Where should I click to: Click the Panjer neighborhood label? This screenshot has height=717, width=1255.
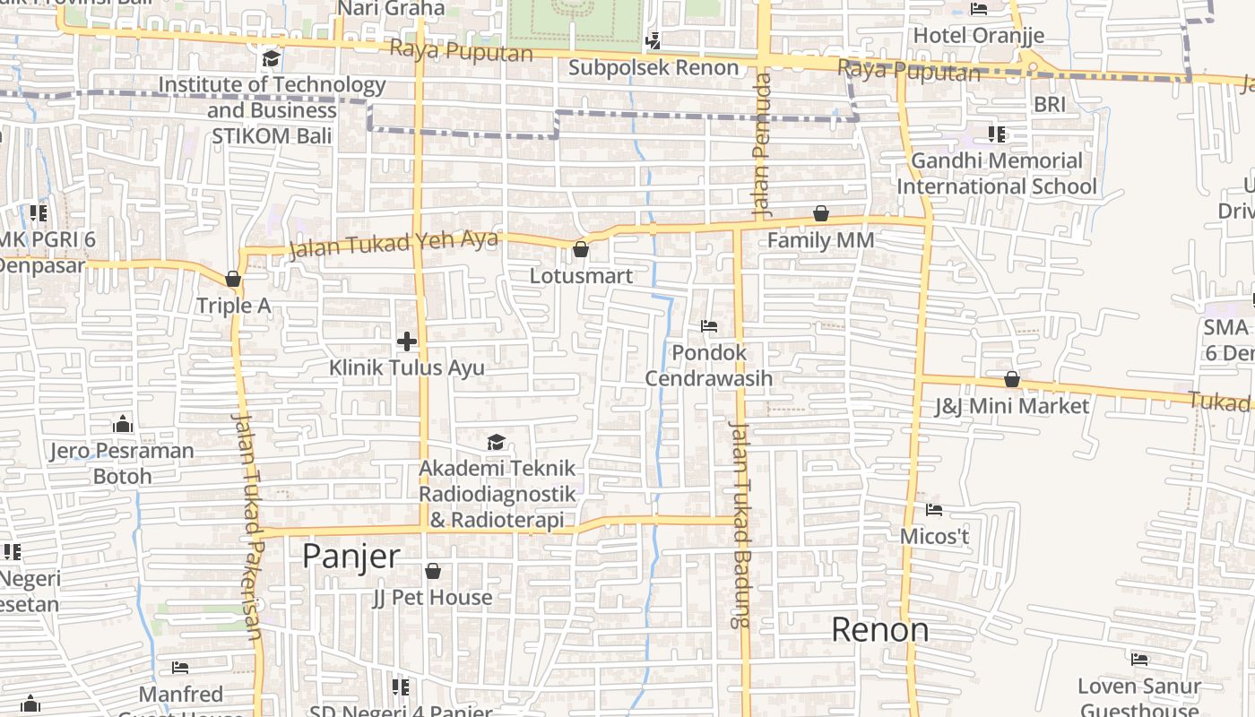click(x=351, y=557)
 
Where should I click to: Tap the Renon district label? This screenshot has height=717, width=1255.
click(x=879, y=629)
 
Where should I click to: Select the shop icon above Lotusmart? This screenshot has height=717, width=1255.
click(x=581, y=249)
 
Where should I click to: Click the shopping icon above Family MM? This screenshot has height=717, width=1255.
click(x=820, y=213)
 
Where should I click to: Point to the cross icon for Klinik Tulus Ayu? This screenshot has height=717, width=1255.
click(x=407, y=341)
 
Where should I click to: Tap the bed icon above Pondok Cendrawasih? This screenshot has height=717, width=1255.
click(x=709, y=326)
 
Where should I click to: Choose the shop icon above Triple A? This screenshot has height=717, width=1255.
click(x=233, y=280)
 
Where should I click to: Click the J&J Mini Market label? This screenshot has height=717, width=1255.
click(x=1012, y=406)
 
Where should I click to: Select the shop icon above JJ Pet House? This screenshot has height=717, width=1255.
click(x=433, y=571)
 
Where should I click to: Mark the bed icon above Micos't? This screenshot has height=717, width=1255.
click(x=934, y=510)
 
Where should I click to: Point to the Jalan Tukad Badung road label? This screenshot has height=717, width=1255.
click(x=740, y=524)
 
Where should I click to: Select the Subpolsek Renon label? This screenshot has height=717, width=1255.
click(x=653, y=67)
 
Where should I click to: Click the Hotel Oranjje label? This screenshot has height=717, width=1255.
click(x=979, y=36)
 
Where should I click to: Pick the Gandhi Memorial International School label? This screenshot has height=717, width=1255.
click(x=997, y=174)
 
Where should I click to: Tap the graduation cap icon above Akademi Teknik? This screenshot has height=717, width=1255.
click(x=496, y=442)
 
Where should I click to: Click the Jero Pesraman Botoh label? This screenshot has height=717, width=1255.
click(x=122, y=462)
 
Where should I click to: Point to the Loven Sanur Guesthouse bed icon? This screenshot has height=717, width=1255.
click(x=1139, y=660)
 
